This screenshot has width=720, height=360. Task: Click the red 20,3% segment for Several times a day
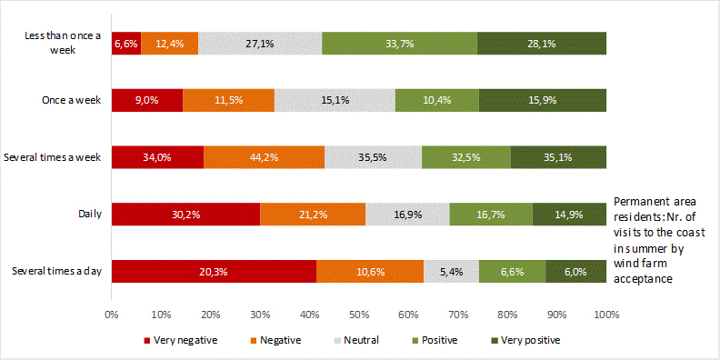214,271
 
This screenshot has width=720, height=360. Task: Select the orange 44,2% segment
264,156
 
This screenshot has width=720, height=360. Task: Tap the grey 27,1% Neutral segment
260,43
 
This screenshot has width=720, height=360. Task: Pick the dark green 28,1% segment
541,43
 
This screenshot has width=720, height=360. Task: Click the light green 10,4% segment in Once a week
436,100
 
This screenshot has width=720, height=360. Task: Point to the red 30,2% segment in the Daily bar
185,215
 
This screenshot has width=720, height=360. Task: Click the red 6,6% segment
125,43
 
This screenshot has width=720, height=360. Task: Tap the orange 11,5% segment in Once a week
229,100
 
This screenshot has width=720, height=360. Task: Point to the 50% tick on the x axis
359,315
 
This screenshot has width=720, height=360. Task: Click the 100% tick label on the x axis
606,315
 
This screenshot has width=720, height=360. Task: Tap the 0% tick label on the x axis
112,315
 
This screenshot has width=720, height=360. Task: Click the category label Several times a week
56,157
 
